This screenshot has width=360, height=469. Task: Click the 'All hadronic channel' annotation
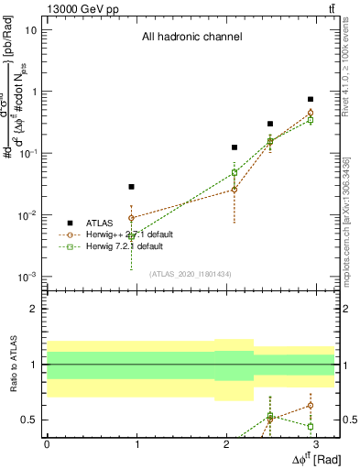(191, 38)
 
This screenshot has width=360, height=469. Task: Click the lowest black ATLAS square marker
(132, 187)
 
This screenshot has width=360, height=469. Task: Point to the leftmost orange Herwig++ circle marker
(132, 218)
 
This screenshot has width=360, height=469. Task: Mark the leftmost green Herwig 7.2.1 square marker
(132, 237)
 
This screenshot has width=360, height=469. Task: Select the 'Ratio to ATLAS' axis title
(14, 364)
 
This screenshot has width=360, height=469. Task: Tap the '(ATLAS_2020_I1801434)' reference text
(191, 272)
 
